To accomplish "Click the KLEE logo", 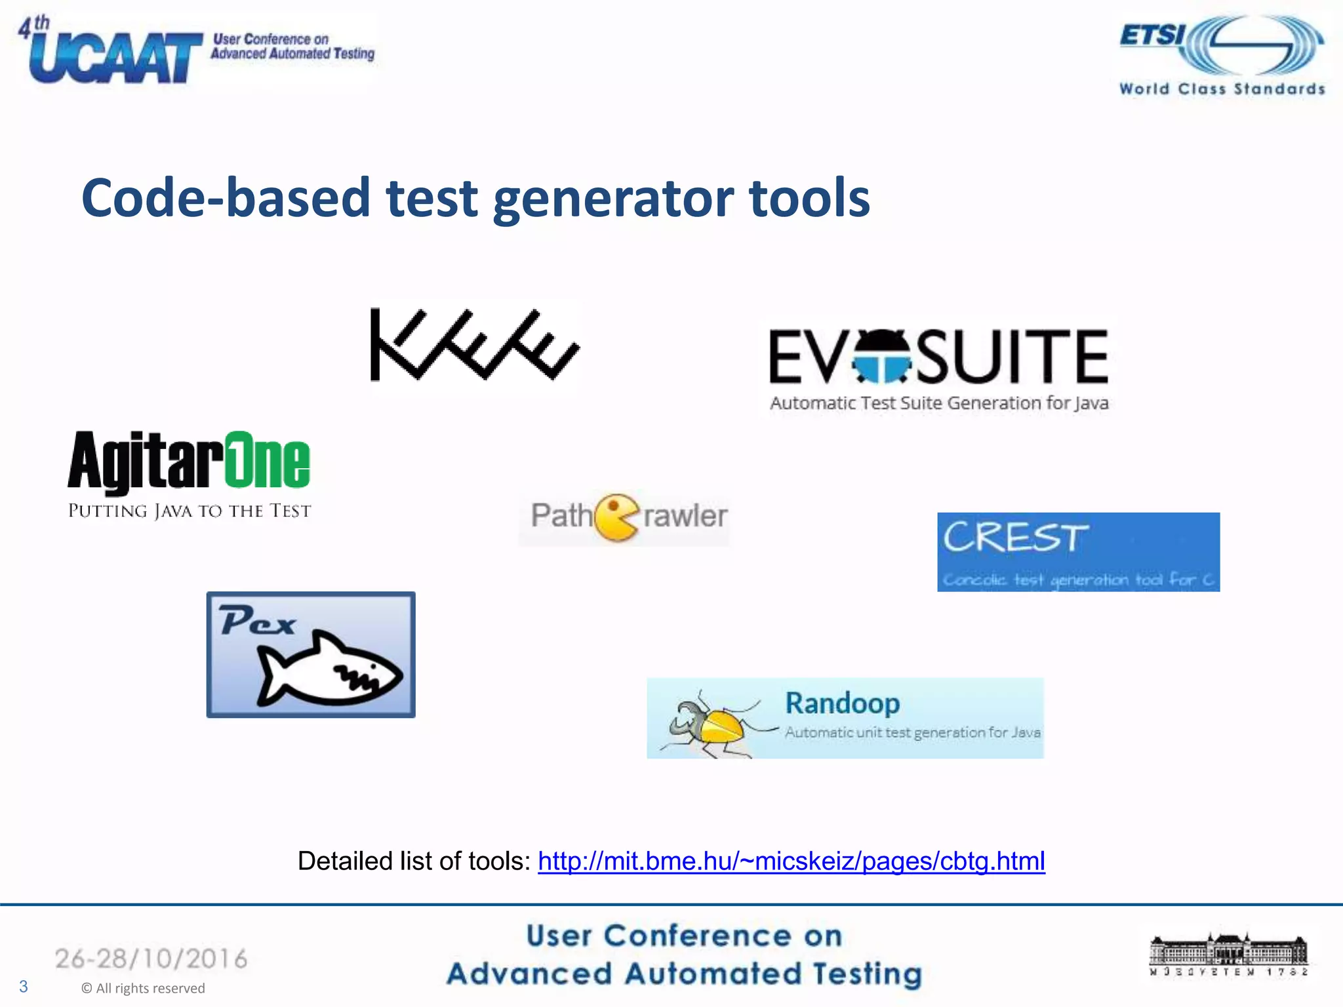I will click(473, 345).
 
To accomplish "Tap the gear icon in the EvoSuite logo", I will click(881, 357).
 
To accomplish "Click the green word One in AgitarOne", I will click(268, 460).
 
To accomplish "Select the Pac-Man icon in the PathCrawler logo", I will click(616, 517).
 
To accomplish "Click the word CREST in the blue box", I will click(1015, 538).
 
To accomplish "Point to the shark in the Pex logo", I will click(328, 670).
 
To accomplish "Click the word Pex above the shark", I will click(257, 621).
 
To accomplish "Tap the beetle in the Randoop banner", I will click(712, 725).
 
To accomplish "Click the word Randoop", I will click(843, 703).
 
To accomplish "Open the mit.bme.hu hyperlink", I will click(791, 861).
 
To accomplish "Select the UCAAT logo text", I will click(115, 58).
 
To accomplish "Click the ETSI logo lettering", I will click(1153, 35).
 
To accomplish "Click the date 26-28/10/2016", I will click(151, 959).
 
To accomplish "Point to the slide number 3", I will click(24, 987).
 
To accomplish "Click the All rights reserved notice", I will click(144, 988).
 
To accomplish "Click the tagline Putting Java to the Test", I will click(190, 511).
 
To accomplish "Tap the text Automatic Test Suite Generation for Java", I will click(939, 403).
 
